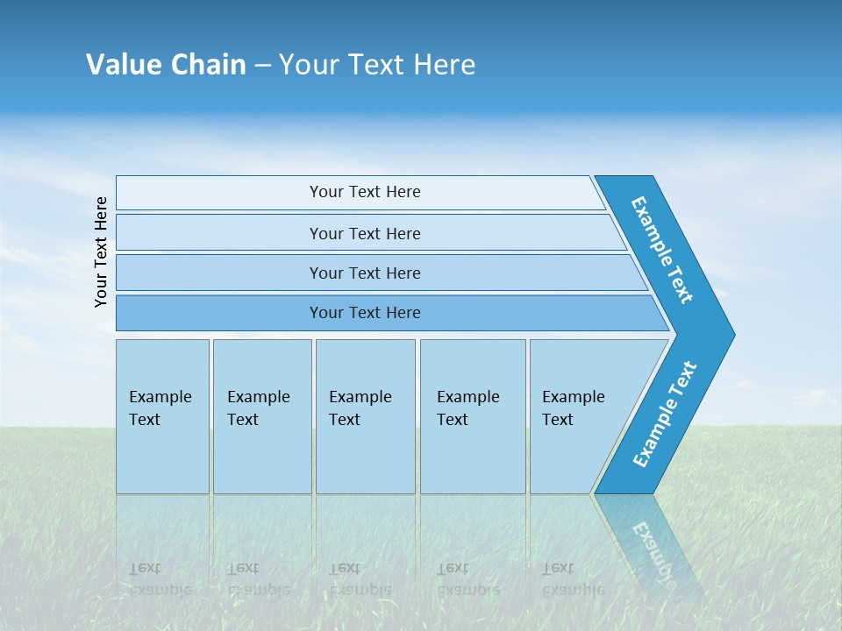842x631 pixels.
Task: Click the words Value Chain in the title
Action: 166,65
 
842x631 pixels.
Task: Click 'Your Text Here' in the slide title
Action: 377,65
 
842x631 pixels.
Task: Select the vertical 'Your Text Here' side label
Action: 101,252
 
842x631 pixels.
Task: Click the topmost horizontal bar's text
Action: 365,192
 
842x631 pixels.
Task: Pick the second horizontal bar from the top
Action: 365,233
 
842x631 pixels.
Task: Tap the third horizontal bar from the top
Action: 365,273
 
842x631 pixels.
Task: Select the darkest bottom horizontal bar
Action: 365,313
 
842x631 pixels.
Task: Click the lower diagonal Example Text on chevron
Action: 665,414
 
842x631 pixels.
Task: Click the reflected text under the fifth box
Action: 571,579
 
